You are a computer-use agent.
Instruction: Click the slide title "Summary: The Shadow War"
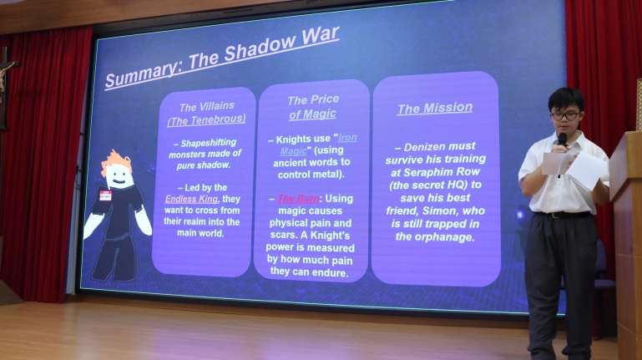point(222,58)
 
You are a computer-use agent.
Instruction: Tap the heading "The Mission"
point(435,108)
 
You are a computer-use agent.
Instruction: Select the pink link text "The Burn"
point(298,199)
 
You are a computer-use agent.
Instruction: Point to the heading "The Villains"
point(207,107)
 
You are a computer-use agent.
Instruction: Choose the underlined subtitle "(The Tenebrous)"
point(206,119)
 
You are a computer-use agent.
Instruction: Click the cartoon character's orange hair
point(116,160)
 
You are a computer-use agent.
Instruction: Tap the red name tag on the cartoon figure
point(106,195)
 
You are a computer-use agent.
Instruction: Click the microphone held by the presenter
point(563,139)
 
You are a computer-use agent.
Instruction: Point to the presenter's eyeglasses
point(565,116)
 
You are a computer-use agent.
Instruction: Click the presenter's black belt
point(563,215)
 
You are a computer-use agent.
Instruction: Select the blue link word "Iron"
point(347,138)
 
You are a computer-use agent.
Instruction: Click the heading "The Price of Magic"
point(313,107)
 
